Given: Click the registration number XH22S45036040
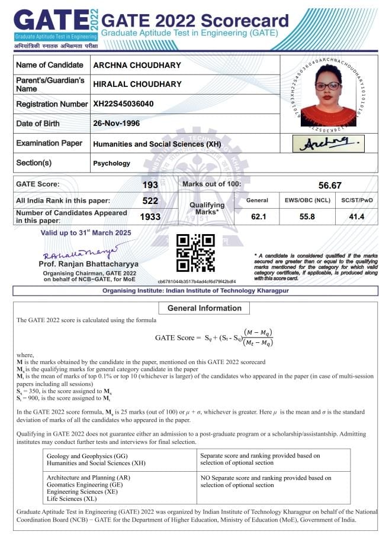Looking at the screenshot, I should coord(123,104).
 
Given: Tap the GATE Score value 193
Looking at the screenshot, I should coord(150,186).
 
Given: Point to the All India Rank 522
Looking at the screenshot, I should coord(150,201).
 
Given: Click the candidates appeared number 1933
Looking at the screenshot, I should coord(150,217).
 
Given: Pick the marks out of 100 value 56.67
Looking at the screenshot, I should coord(330,186).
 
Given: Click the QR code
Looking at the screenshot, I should coord(196,253).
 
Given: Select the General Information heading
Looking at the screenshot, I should coord(204,308).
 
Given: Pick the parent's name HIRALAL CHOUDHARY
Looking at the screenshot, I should coord(137,84).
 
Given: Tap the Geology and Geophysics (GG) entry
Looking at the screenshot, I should coord(87,456).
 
